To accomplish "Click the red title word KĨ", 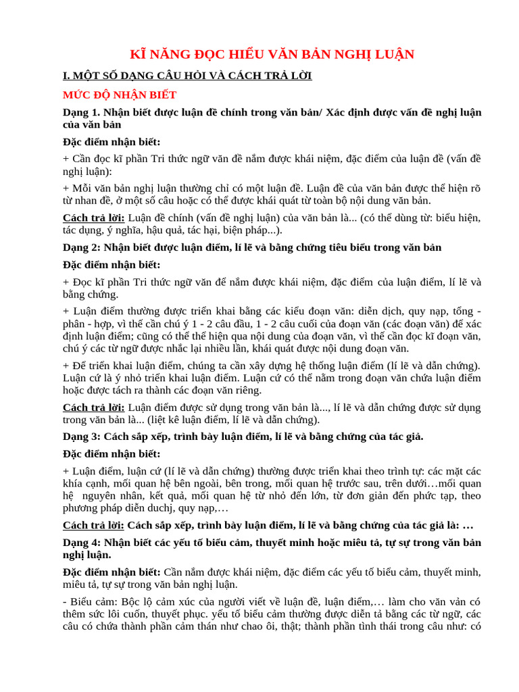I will (x=137, y=54).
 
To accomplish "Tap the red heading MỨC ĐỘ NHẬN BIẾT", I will (x=120, y=95).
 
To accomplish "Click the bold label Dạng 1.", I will (x=81, y=112).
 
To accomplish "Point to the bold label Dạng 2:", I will (x=82, y=247).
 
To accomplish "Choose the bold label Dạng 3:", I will (x=82, y=437).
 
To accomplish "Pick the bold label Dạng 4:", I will (x=82, y=542).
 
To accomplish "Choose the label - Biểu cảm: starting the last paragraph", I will (x=91, y=601).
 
